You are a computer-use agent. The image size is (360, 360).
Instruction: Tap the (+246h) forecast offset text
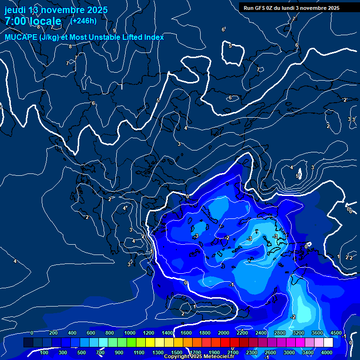point(83,21)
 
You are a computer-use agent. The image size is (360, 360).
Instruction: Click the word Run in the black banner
point(249,8)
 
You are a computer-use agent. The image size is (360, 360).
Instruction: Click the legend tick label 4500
point(336,333)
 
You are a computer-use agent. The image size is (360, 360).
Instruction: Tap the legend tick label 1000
point(130,333)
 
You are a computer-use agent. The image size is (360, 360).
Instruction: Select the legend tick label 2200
point(242,333)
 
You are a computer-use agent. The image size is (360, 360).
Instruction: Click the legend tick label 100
point(45,352)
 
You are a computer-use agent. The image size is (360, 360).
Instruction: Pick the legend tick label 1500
point(177,352)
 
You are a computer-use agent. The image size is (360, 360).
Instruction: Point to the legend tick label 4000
point(327,352)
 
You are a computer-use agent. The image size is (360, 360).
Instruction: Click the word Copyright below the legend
point(176,357)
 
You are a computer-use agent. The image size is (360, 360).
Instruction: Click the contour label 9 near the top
point(114,30)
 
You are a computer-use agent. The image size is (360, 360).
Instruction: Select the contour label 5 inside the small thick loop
point(230,46)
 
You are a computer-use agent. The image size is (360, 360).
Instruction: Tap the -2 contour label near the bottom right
point(293,317)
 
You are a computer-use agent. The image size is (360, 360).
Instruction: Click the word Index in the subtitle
point(154,37)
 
